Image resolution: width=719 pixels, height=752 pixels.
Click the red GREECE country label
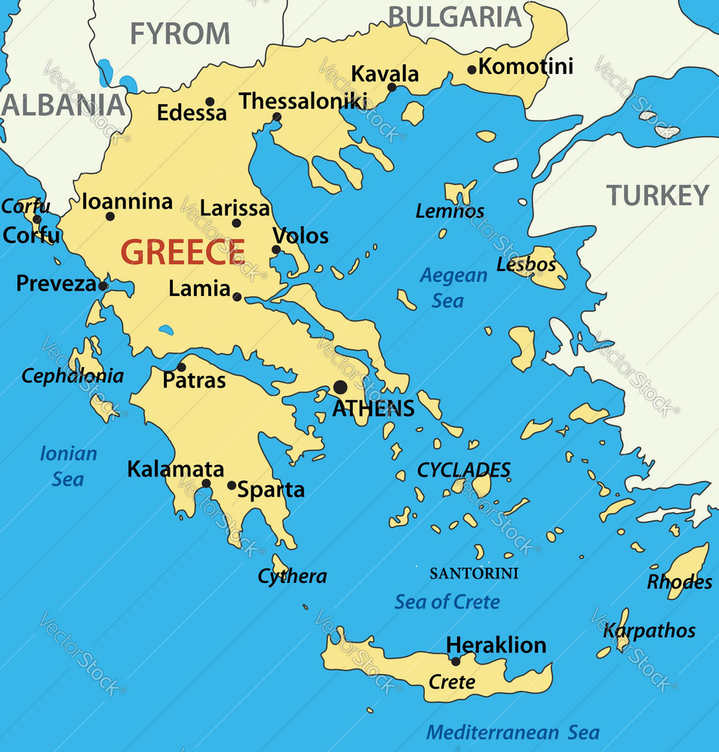[x=183, y=251]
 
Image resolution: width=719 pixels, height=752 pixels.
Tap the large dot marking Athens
[x=340, y=387]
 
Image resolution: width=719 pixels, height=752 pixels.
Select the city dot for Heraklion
[x=455, y=661]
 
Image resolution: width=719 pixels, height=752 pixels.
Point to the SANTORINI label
[x=474, y=574]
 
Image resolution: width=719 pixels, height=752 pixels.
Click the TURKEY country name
[x=659, y=196]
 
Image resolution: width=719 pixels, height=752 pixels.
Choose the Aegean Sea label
[x=453, y=288]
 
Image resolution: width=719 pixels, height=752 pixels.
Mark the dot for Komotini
[x=472, y=69]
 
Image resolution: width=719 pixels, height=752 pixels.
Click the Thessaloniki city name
[x=303, y=101]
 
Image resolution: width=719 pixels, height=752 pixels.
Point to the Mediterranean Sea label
[x=512, y=732]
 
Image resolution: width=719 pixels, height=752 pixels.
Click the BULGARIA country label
[x=454, y=16]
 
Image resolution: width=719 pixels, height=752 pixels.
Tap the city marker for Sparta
[x=232, y=485]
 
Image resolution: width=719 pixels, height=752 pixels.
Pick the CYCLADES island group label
[x=463, y=470]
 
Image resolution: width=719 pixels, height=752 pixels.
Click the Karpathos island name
[x=650, y=630]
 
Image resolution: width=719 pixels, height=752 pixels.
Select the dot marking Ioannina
[x=110, y=217]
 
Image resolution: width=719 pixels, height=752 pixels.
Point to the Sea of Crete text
[x=447, y=602]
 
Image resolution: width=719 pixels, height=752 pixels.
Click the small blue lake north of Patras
[x=165, y=330]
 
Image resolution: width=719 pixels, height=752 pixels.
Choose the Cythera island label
[x=292, y=577]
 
